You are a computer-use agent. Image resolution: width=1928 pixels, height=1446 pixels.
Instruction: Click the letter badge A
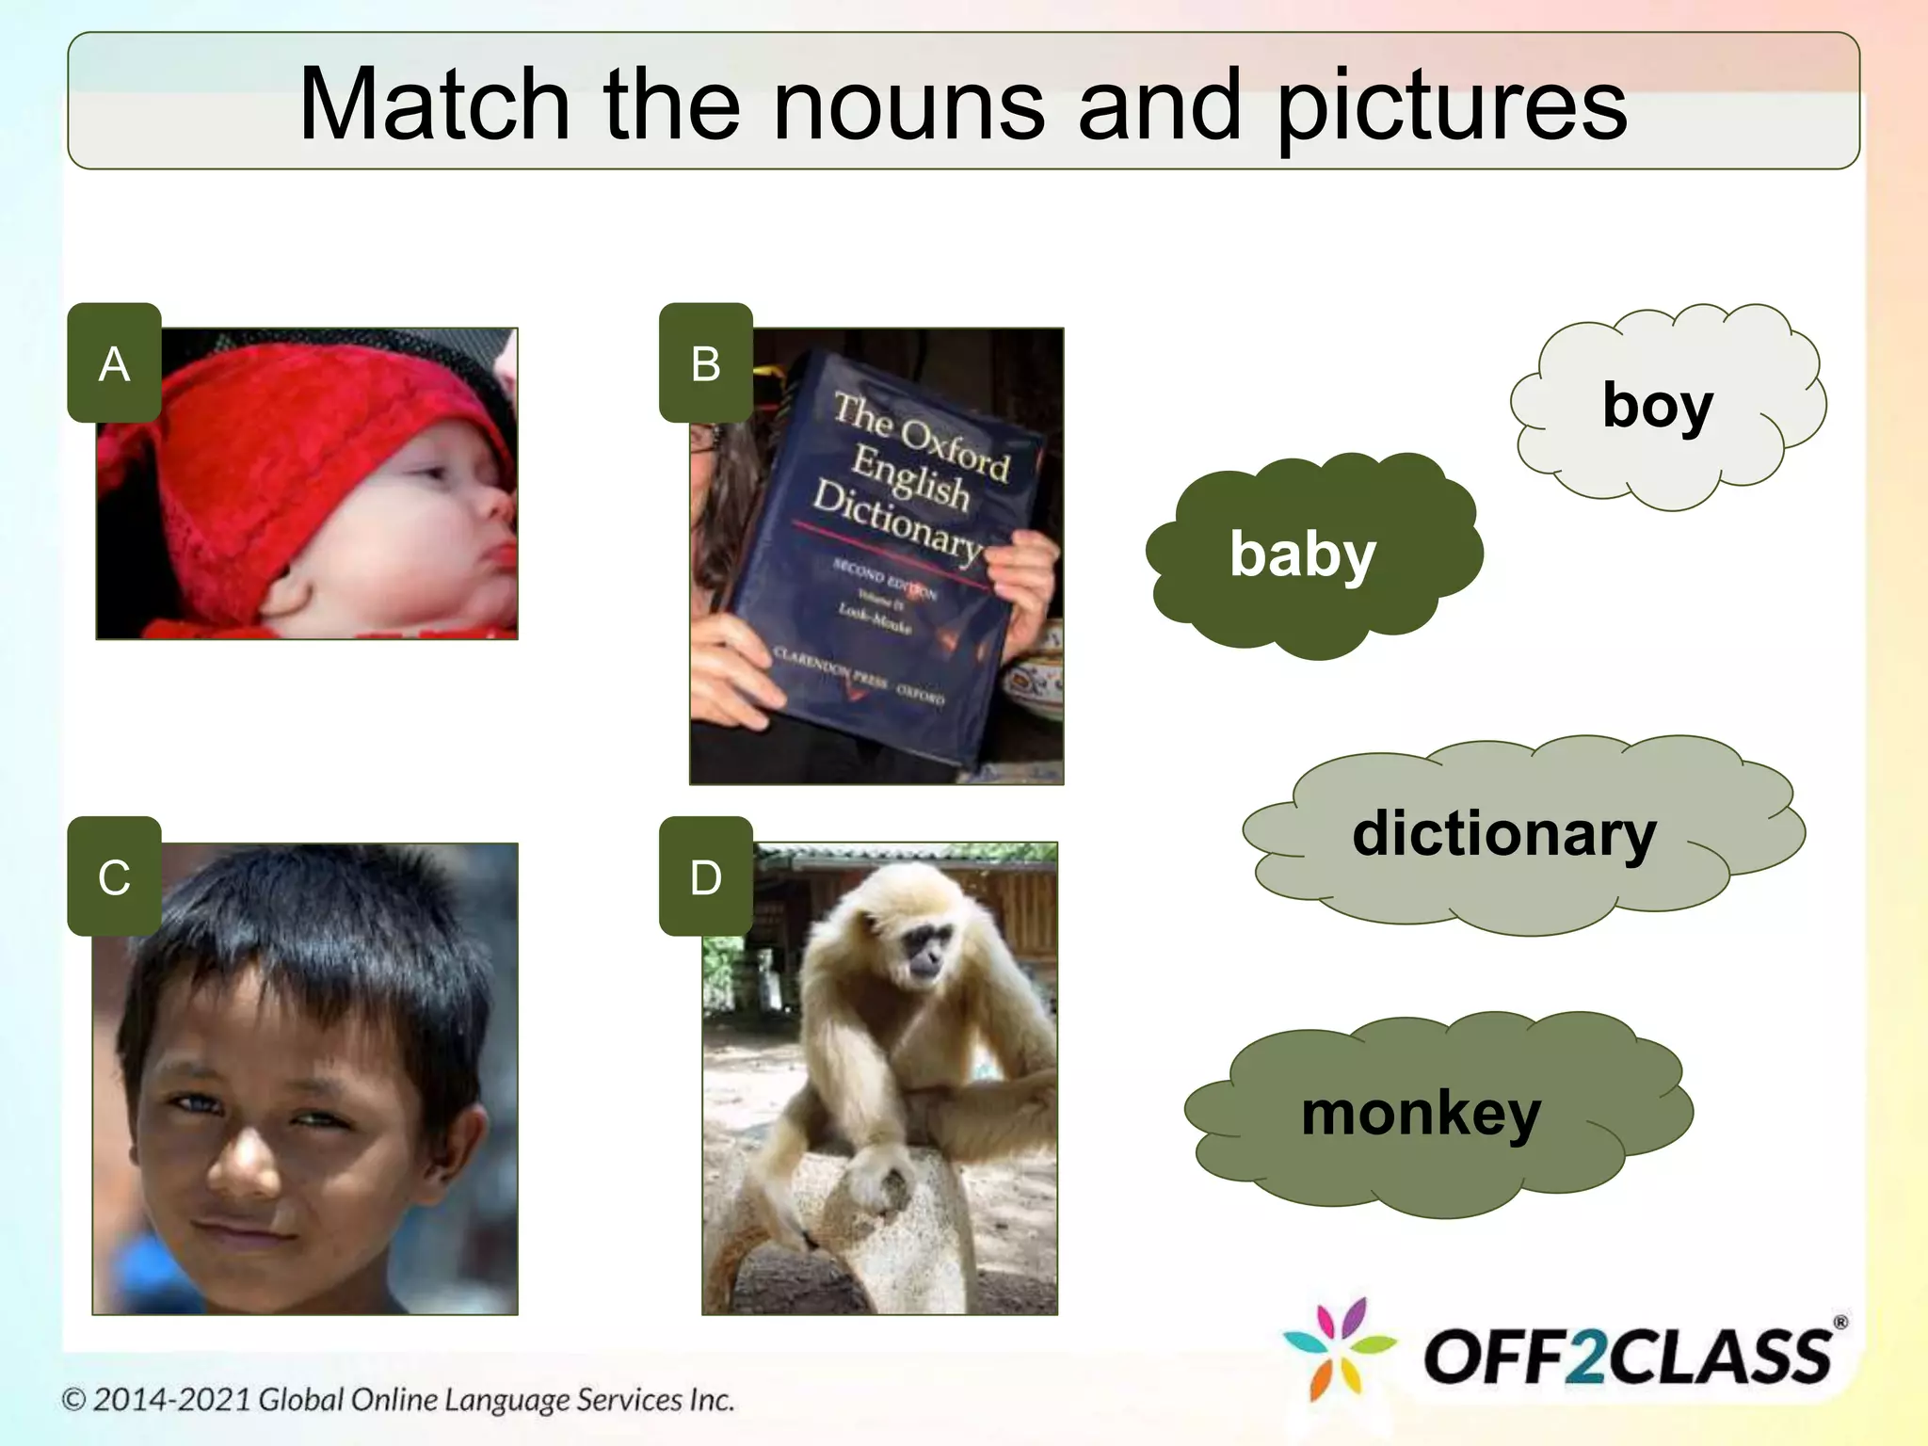(x=114, y=362)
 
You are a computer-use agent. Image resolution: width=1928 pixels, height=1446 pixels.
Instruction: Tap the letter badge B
(x=705, y=362)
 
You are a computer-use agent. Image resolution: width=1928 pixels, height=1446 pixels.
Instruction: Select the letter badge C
(x=114, y=876)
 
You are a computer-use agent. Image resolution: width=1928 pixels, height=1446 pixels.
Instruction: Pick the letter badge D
(x=705, y=876)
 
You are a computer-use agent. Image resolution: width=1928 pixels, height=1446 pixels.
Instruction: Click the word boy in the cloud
(x=1657, y=406)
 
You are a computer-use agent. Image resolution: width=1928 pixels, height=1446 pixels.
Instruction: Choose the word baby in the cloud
(x=1302, y=554)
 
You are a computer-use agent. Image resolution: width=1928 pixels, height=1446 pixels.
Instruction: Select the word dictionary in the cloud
(x=1503, y=834)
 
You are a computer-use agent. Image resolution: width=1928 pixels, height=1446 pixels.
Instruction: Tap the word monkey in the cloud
(x=1421, y=1114)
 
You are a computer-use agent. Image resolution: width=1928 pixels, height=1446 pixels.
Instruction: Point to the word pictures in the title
(x=1451, y=105)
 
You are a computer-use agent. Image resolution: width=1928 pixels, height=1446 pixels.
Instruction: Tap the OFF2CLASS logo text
(x=1628, y=1357)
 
